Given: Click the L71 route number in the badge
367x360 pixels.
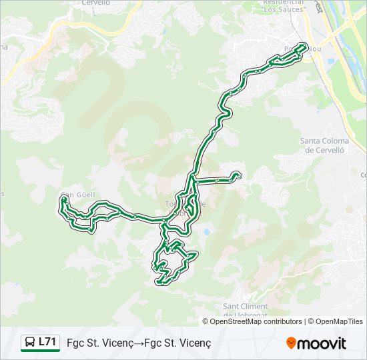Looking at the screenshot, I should point(47,342).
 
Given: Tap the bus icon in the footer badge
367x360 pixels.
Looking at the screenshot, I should point(30,343).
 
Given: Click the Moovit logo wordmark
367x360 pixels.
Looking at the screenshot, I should point(322,343).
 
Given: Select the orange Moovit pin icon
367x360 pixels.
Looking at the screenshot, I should point(291,343).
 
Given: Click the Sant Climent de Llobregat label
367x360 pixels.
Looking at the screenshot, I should point(244,311).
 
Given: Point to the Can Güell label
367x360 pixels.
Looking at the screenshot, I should point(79,195).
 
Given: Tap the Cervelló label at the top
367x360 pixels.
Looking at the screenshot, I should point(95,3).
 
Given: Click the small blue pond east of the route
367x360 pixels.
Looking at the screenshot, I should point(207,232).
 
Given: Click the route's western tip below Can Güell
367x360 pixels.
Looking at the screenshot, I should point(63,199).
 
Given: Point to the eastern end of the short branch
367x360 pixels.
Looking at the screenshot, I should point(238,175).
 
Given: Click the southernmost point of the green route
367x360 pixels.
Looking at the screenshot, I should point(161,283).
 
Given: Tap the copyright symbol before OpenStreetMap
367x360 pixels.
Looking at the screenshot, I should point(206,321).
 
